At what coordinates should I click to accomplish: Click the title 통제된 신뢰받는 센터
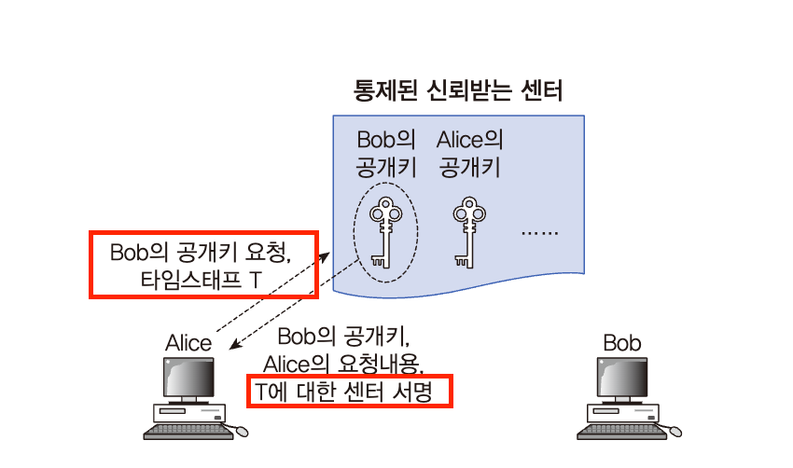coord(457,91)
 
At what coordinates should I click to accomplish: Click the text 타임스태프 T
coord(202,278)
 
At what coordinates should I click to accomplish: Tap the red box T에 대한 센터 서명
coord(350,392)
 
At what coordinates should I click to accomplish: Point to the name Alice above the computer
coord(188,342)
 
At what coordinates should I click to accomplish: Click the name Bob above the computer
coord(622,342)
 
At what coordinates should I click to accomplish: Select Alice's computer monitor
coord(188,378)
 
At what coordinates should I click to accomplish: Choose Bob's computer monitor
coord(622,378)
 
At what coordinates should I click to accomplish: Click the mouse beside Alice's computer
coord(241,432)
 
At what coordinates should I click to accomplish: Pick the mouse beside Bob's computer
coord(674,432)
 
